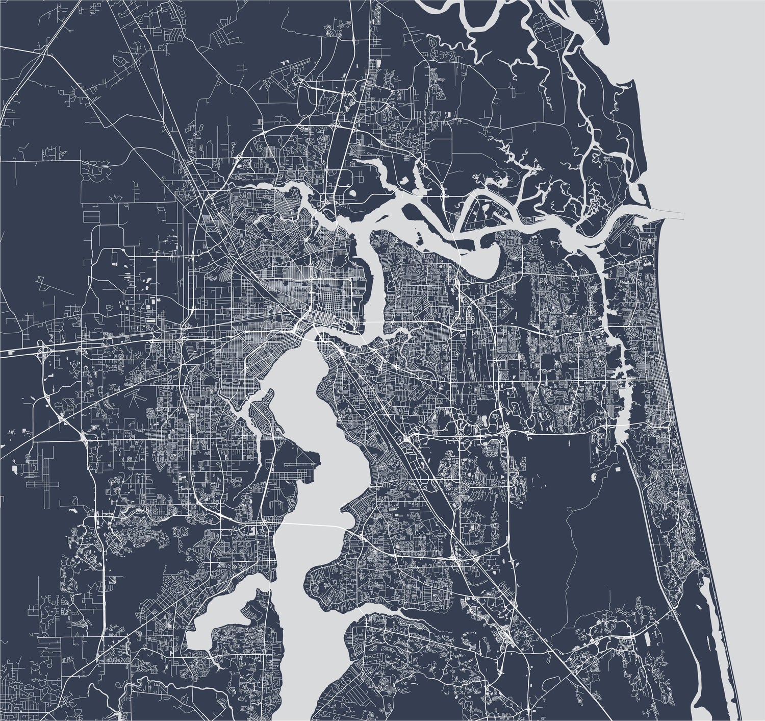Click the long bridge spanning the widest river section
coord(311,525)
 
